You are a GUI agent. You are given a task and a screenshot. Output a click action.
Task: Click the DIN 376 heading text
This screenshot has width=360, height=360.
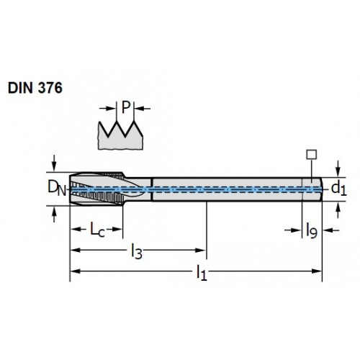[x=35, y=88]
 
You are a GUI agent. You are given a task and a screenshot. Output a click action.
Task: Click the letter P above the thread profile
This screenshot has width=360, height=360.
[x=125, y=107]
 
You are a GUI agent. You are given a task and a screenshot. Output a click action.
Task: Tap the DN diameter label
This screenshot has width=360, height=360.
[x=57, y=188]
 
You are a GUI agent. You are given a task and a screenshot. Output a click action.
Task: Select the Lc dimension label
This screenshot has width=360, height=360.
[x=97, y=230]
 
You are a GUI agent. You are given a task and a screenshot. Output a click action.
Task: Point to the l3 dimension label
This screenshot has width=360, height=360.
[x=137, y=251]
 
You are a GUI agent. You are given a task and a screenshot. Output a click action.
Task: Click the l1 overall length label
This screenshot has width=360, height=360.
[x=202, y=272]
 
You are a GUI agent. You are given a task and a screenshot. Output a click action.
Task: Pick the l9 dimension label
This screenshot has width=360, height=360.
[x=312, y=230]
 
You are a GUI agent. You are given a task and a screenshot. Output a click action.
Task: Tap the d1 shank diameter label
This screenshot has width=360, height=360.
[x=339, y=188]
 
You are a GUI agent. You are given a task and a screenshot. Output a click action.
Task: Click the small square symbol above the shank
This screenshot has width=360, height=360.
[x=312, y=155]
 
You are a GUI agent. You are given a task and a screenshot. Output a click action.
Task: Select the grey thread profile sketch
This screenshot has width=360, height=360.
[x=120, y=135]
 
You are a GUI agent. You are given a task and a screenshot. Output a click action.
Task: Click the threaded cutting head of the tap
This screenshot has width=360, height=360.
[x=97, y=189]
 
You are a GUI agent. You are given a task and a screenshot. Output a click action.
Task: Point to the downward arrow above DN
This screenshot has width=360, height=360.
[x=54, y=163]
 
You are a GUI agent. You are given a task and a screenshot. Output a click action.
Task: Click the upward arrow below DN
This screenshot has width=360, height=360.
[x=54, y=215]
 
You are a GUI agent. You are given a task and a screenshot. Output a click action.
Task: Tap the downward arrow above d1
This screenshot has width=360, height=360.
[x=338, y=168]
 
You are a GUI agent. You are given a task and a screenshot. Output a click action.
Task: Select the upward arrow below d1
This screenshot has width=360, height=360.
[x=338, y=210]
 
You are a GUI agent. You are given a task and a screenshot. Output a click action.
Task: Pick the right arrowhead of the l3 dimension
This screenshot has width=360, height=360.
[x=201, y=251]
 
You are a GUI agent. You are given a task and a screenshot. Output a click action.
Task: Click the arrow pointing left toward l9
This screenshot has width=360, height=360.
[x=331, y=230]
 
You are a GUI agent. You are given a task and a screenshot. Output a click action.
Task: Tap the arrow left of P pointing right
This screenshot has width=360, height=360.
[x=108, y=109]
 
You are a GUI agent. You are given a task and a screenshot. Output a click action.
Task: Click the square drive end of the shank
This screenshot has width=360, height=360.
[x=312, y=189]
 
